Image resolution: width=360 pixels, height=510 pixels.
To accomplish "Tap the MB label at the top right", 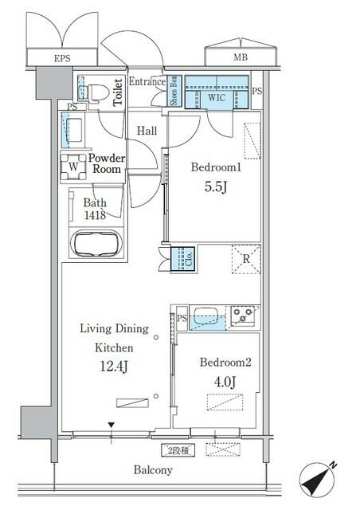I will pyautogui.click(x=239, y=57).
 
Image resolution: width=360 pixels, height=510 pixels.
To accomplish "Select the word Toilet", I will pyautogui.click(x=118, y=93).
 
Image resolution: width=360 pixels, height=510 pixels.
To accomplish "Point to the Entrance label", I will pyautogui.click(x=147, y=81).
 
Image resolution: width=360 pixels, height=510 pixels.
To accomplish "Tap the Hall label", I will pyautogui.click(x=147, y=131).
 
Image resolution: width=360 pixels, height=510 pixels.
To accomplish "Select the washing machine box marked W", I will pyautogui.click(x=73, y=168).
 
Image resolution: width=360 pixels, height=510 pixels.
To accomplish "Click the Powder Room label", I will pyautogui.click(x=105, y=163).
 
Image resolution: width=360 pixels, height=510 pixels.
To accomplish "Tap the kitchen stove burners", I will pyautogui.click(x=242, y=316).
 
